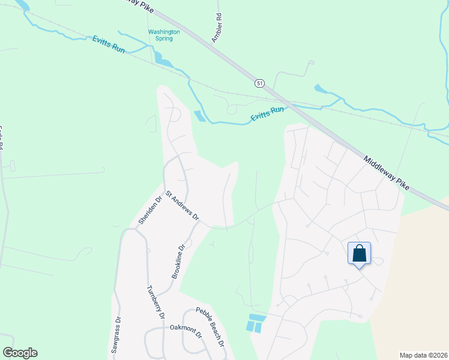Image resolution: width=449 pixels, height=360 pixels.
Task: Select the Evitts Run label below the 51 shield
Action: pyautogui.click(x=267, y=113)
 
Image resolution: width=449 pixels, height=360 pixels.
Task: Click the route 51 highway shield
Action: pyautogui.click(x=259, y=82)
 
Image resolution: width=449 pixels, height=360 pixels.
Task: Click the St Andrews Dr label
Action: pyautogui.click(x=182, y=206)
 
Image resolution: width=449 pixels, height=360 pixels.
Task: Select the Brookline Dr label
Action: pyautogui.click(x=176, y=260)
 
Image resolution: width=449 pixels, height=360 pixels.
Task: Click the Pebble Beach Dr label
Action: pyautogui.click(x=209, y=328)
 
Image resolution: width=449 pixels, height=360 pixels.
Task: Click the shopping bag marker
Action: pyautogui.click(x=359, y=254)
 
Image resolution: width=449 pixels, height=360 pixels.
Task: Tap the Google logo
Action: pyautogui.click(x=20, y=353)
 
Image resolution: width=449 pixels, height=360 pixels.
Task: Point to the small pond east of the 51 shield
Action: pyautogui.click(x=321, y=89)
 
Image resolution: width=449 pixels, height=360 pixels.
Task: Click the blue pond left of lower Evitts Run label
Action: pyautogui.click(x=199, y=116)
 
